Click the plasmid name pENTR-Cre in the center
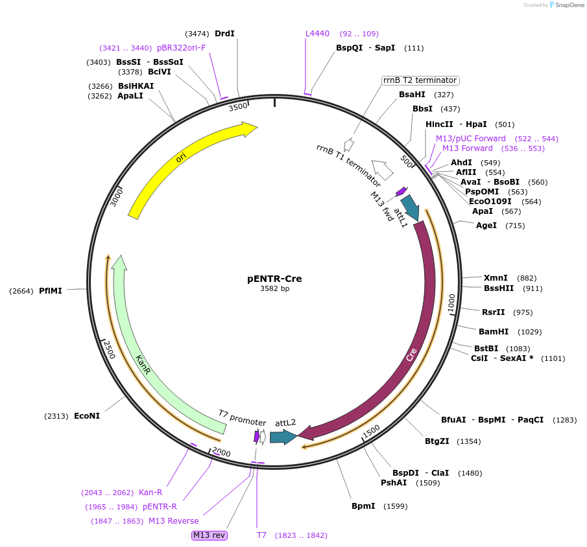274,279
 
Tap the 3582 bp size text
274,289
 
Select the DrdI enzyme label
224,34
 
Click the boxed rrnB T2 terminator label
420,80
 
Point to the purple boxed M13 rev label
209,535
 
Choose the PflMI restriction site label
51,291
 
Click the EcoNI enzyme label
87,416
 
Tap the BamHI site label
494,332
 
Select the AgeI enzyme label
486,226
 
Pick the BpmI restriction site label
363,506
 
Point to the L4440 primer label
318,34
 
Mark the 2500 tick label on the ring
109,349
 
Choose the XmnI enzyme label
496,278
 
